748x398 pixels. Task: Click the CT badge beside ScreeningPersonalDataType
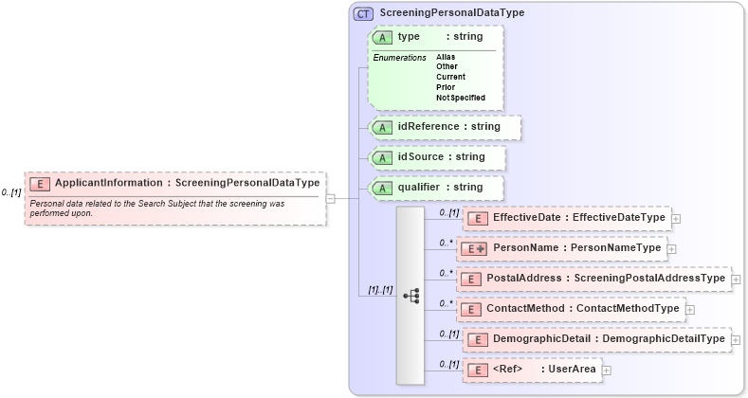pos(363,13)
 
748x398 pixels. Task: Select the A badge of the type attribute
pos(383,37)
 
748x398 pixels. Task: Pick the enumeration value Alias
pos(446,57)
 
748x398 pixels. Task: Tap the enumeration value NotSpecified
pos(461,98)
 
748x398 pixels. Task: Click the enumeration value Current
pos(450,77)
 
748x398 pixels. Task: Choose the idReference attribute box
pos(444,127)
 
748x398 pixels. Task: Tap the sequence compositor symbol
pos(410,296)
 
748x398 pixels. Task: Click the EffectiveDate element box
pos(564,218)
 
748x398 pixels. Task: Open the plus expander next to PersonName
pos(671,248)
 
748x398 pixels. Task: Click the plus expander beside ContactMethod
pos(689,309)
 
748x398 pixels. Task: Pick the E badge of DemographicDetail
pos(478,339)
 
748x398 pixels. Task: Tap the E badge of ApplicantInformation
pos(41,184)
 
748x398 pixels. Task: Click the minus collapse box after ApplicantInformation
pos(330,198)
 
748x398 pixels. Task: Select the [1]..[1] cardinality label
pos(380,290)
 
